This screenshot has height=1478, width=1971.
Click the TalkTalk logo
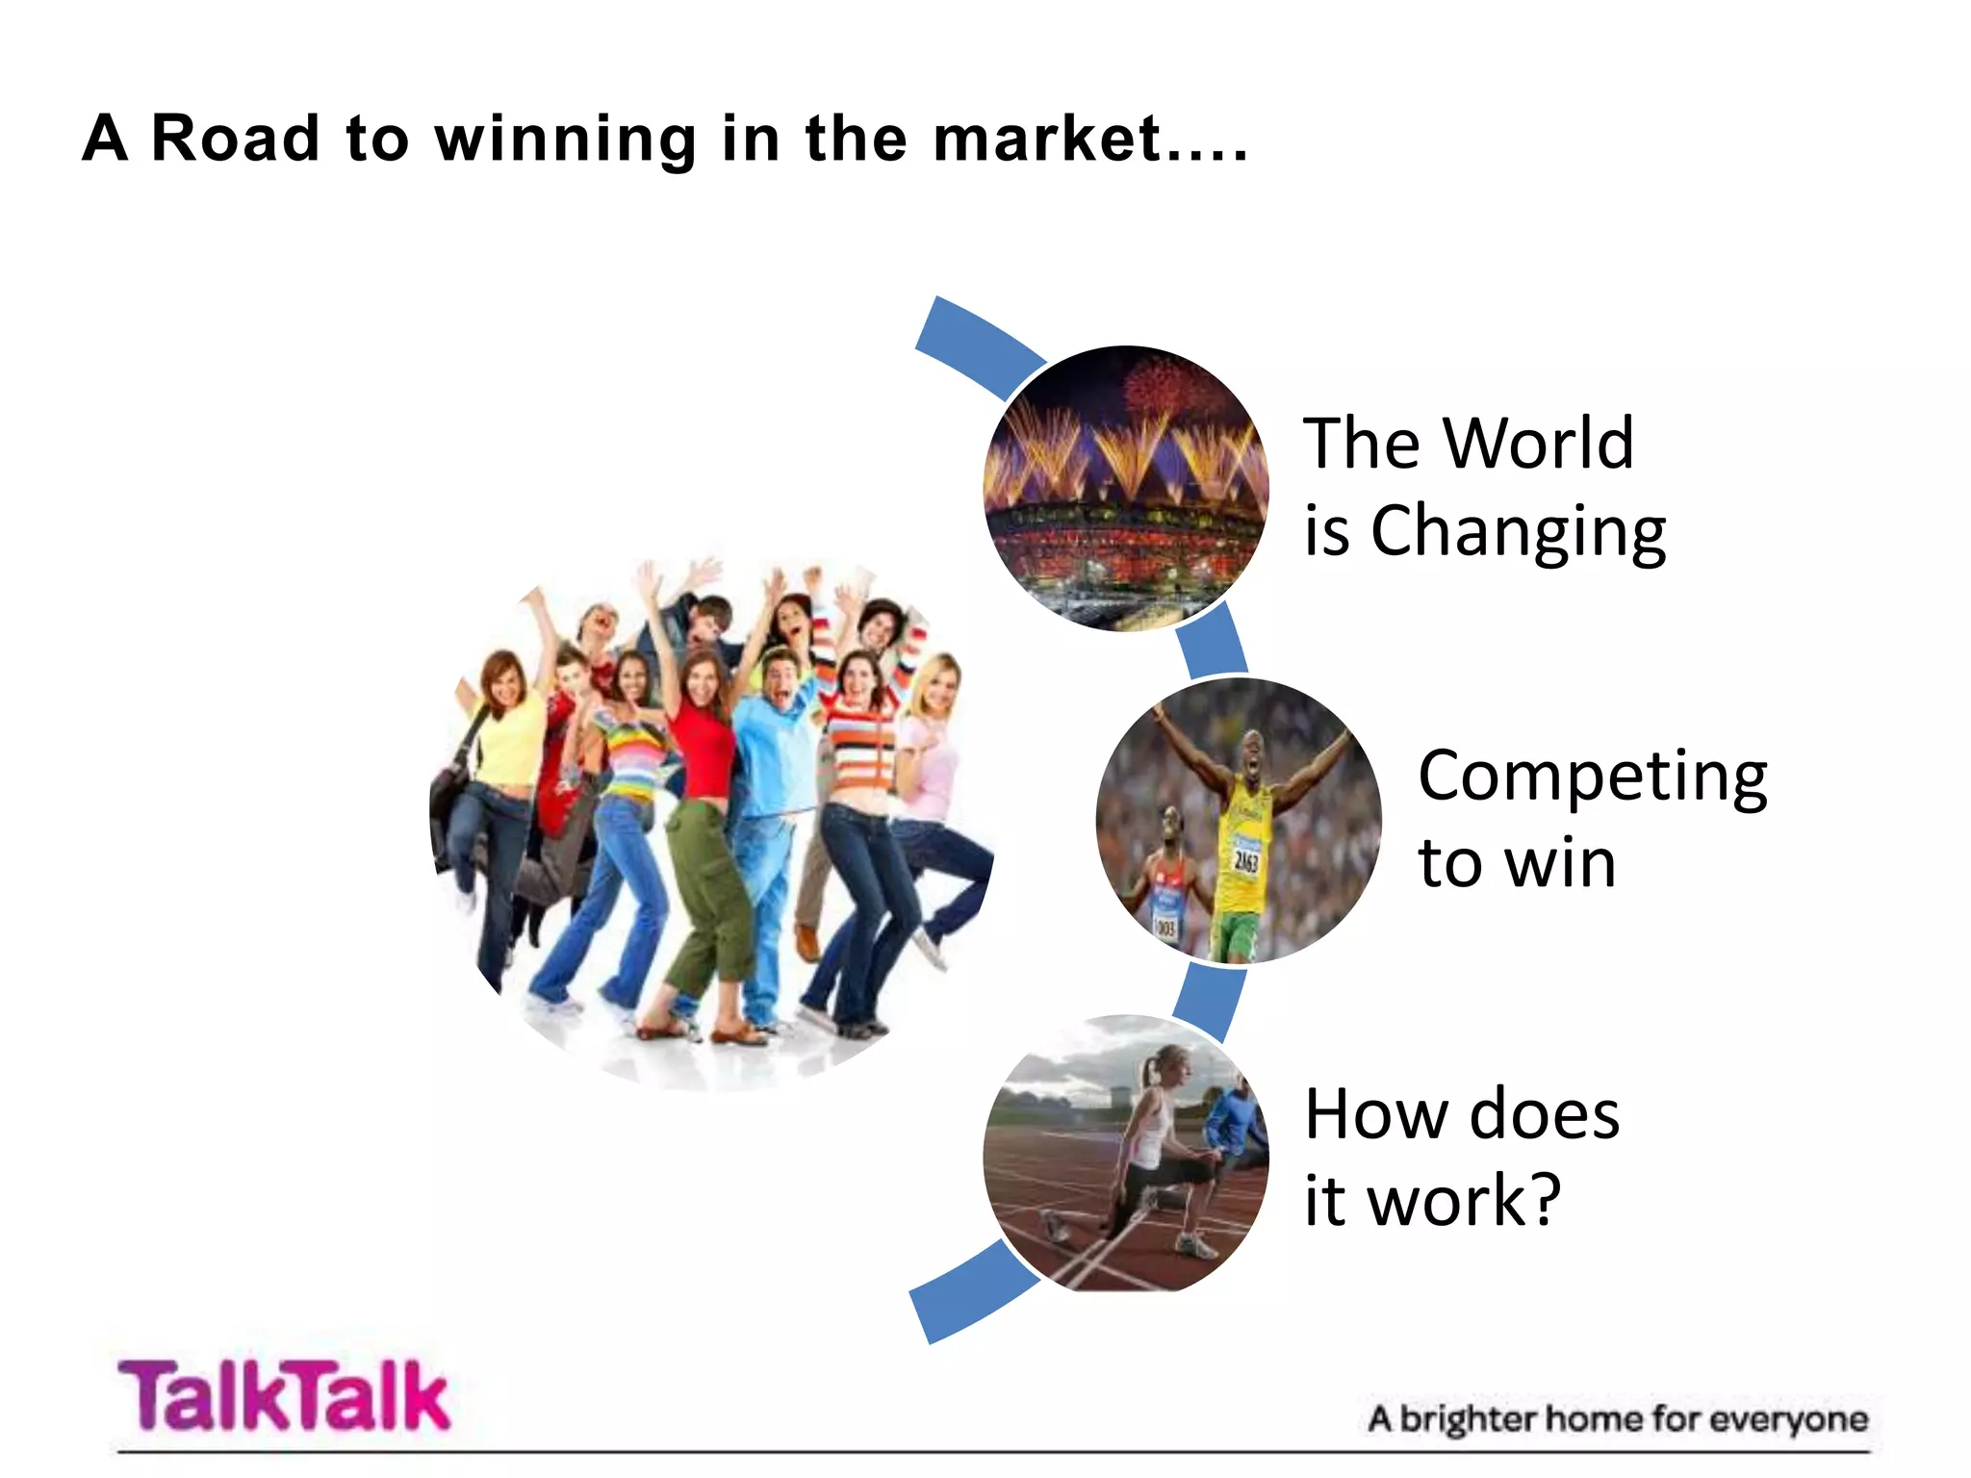(284, 1395)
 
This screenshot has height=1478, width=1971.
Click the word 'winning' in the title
(565, 140)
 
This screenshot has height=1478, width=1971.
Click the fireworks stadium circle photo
(1125, 488)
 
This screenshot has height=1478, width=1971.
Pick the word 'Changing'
(1518, 532)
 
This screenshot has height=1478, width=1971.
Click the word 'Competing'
(1593, 777)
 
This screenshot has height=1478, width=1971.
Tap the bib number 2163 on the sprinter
(1245, 859)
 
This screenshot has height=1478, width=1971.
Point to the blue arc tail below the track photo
(972, 1294)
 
